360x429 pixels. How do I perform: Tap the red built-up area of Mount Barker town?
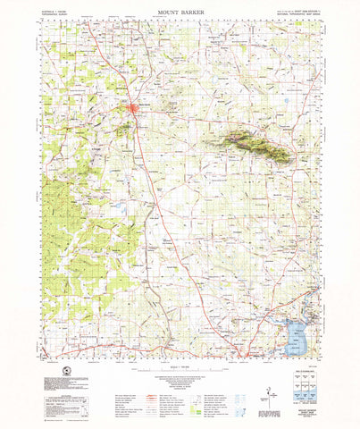tap(134, 110)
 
